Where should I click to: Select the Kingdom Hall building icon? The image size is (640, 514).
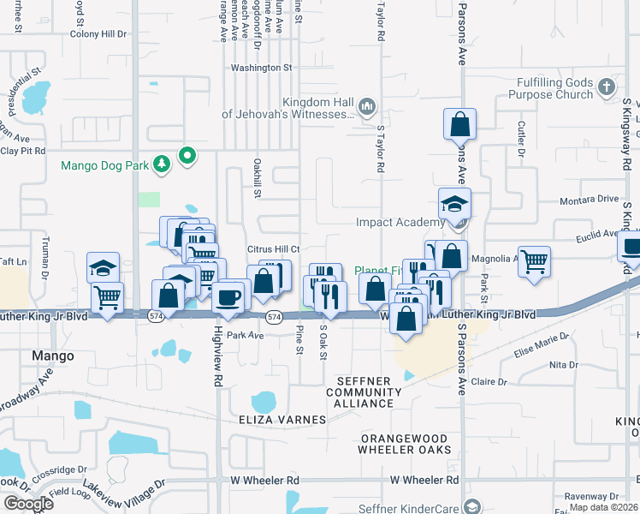pyautogui.click(x=367, y=106)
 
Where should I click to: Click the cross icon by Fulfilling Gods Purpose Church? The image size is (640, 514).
pyautogui.click(x=606, y=87)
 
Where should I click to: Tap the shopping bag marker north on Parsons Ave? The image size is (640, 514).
pyautogui.click(x=459, y=124)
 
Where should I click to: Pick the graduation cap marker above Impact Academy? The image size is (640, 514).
pyautogui.click(x=454, y=204)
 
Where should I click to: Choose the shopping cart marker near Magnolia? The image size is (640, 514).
pyautogui.click(x=534, y=261)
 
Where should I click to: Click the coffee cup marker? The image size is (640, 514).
pyautogui.click(x=228, y=298)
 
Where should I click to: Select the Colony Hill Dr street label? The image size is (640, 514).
pyautogui.click(x=98, y=34)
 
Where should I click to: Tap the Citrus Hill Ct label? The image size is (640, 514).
pyautogui.click(x=272, y=249)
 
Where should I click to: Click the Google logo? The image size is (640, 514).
pyautogui.click(x=29, y=504)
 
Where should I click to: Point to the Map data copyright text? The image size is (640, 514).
pyautogui.click(x=603, y=507)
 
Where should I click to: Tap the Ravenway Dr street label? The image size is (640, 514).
pyautogui.click(x=590, y=496)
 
